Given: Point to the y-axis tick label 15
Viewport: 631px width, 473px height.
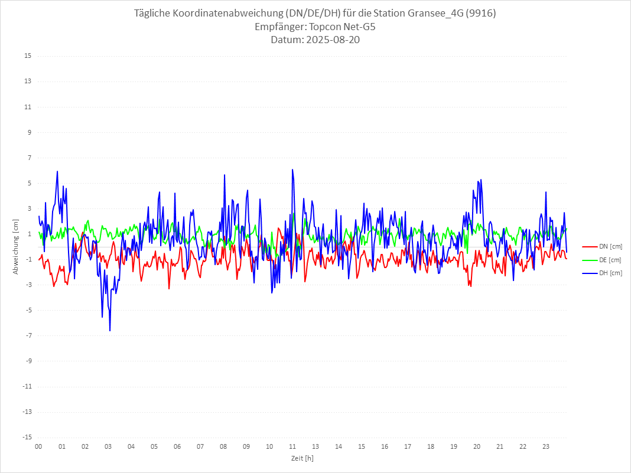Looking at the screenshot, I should (28, 56).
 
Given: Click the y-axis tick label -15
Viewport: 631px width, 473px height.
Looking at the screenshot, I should (27, 437).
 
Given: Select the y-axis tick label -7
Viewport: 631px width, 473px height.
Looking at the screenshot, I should (28, 335).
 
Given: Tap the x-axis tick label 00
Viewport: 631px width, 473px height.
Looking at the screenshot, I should (38, 446).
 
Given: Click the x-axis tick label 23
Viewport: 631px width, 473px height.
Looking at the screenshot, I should (546, 446).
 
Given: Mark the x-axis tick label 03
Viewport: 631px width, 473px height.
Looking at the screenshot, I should (108, 446).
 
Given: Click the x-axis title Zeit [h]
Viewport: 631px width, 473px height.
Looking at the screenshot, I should (302, 458).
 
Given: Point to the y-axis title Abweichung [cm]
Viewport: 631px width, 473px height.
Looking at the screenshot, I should (16, 247).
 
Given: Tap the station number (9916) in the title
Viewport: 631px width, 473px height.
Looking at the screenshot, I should (481, 13).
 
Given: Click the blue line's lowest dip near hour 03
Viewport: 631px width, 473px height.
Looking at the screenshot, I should (110, 331).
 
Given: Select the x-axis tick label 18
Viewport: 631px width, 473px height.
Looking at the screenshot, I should (431, 446).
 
